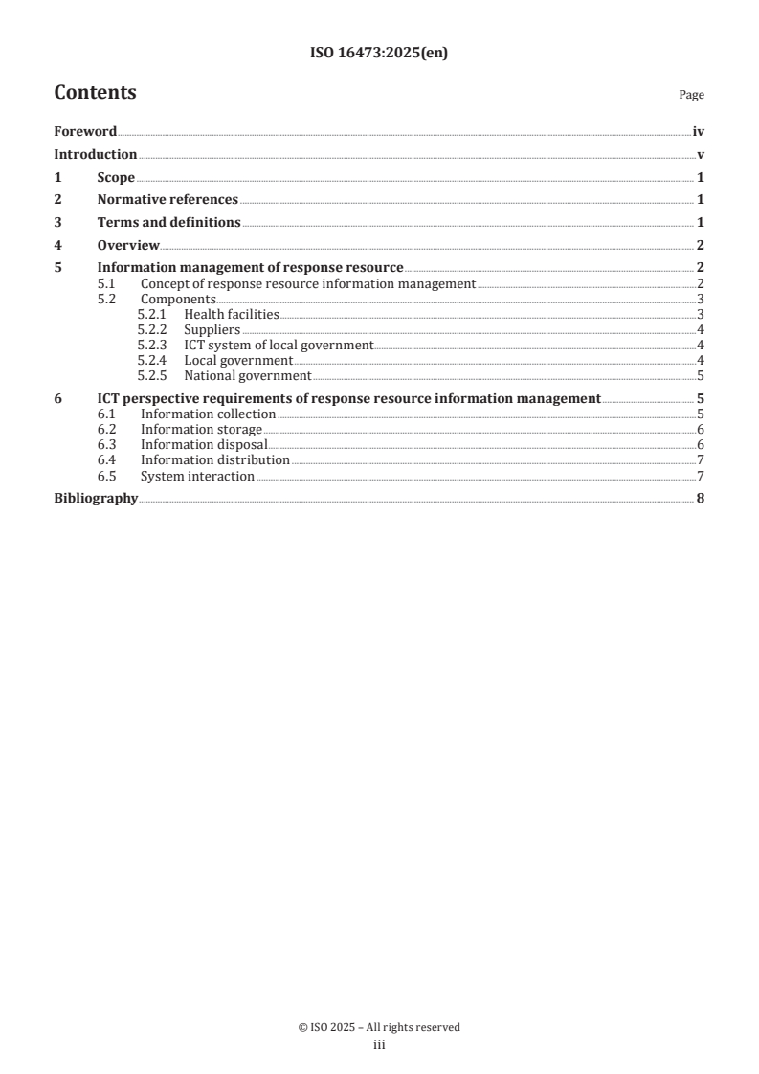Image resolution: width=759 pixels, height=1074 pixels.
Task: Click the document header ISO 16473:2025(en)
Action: coord(379,55)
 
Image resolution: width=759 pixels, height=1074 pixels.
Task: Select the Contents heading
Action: coord(95,93)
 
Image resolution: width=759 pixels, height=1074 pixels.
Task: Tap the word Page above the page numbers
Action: coord(691,95)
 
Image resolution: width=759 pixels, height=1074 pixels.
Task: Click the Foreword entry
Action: coord(85,133)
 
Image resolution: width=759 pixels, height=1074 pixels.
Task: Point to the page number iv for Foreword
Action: coord(699,133)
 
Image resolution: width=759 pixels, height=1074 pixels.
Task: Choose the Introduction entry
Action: coord(95,155)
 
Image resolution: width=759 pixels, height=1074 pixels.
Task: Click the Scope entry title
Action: coord(116,178)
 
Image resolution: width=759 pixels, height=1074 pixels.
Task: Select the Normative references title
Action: coord(167,200)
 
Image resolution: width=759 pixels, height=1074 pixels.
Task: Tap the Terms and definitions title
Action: coord(168,223)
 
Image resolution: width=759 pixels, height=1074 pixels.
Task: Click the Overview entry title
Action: coord(128,246)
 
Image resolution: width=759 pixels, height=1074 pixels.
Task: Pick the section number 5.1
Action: coord(107,284)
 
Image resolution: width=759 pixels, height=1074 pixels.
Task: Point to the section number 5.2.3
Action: coord(152,346)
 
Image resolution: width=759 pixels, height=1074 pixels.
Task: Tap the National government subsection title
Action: coord(248,376)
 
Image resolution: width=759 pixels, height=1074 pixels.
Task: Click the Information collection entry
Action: coord(208,414)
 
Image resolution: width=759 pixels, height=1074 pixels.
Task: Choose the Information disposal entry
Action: coord(203,445)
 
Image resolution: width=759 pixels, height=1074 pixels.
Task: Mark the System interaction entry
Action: coord(197,477)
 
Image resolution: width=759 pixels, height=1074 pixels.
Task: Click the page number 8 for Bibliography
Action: coord(701,499)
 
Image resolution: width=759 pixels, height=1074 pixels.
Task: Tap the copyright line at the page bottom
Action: coord(379,1027)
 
